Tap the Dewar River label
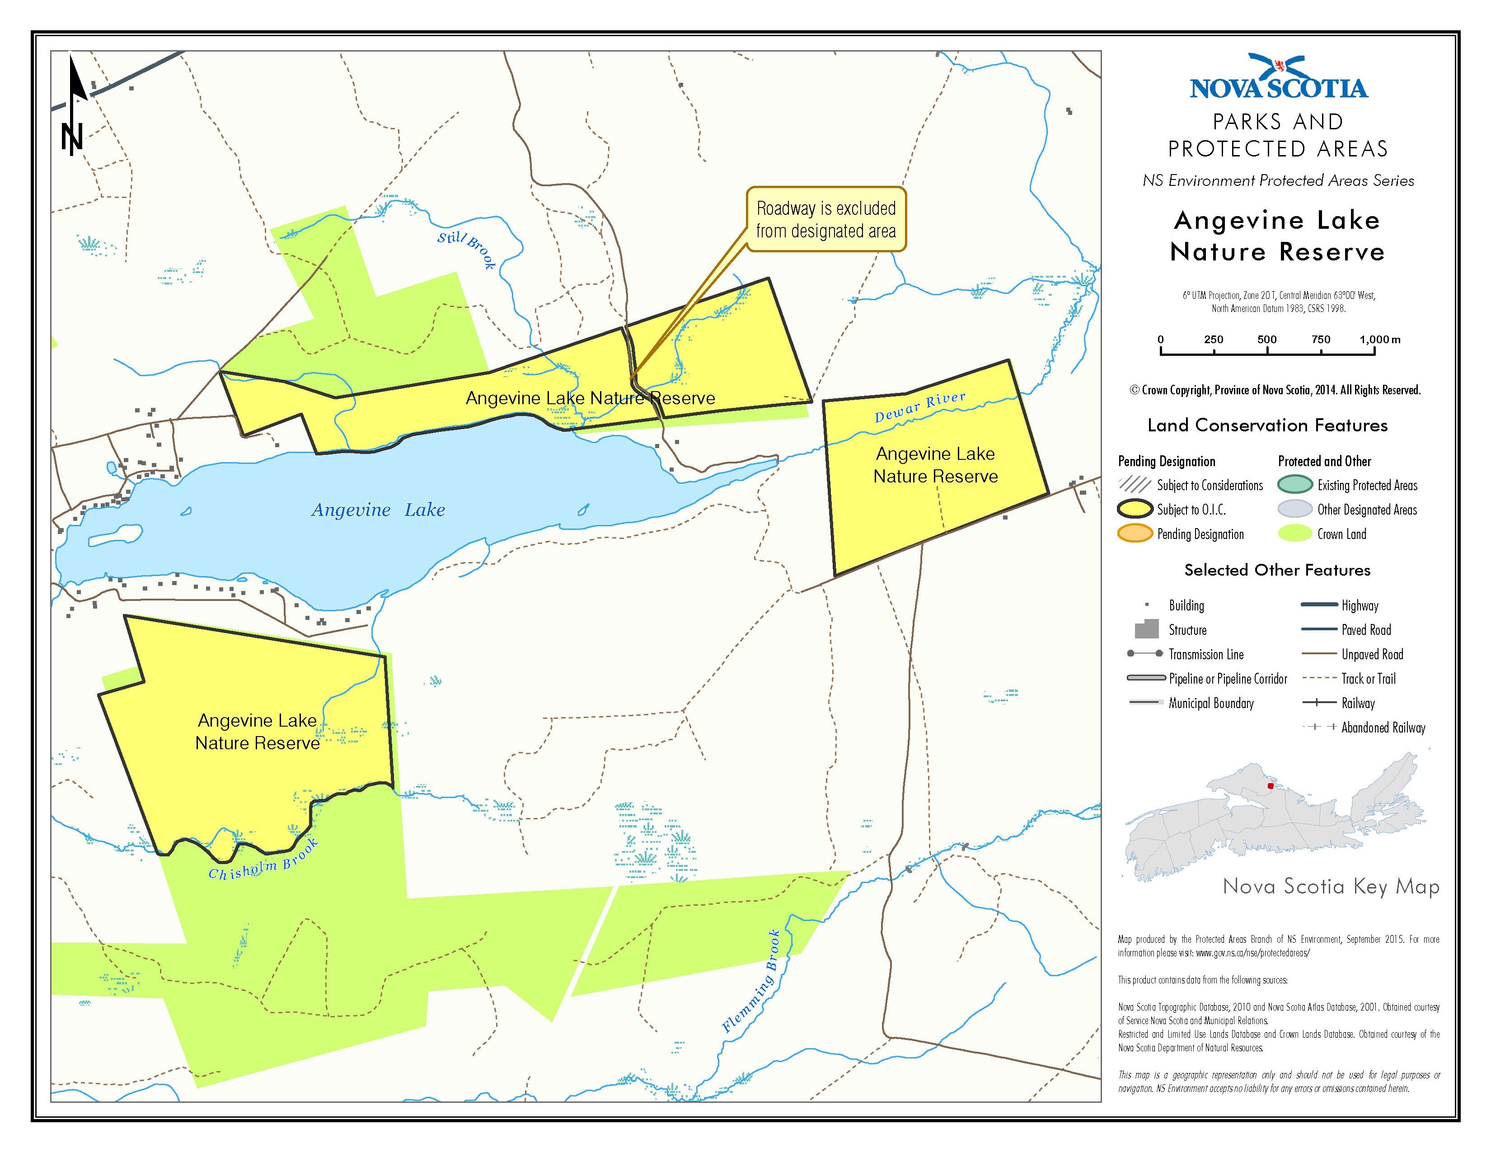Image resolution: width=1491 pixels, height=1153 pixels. [x=920, y=406]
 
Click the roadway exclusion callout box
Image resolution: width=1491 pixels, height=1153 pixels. [x=825, y=219]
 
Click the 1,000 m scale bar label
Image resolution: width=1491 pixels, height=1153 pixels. [x=1379, y=340]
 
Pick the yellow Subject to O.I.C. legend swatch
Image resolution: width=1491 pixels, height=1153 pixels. [x=1135, y=510]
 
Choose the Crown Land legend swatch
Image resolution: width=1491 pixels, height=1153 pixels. [x=1294, y=534]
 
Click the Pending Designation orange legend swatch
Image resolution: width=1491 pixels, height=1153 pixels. [x=1135, y=534]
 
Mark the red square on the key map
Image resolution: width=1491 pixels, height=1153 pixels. [x=1271, y=786]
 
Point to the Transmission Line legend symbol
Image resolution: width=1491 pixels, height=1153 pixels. [x=1144, y=654]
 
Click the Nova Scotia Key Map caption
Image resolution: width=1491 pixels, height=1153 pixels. [x=1331, y=887]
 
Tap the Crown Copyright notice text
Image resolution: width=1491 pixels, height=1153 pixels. [x=1275, y=391]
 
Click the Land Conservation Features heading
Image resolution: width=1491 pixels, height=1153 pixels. [x=1267, y=425]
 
